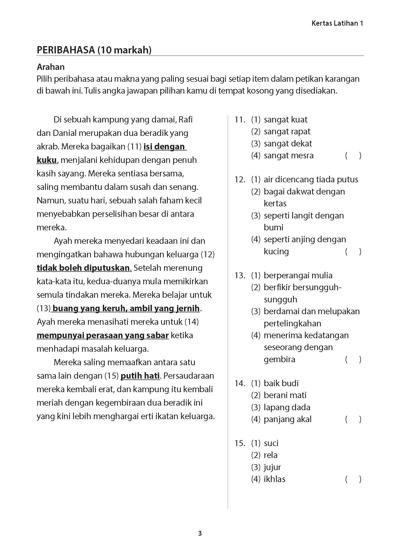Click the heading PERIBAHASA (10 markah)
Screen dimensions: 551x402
point(94,50)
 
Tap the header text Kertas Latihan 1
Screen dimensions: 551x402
point(337,23)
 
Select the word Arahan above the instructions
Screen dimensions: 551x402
point(51,67)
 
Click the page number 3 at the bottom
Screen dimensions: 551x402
point(200,533)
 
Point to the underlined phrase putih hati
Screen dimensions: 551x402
point(140,376)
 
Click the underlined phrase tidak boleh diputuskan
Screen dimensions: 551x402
point(84,268)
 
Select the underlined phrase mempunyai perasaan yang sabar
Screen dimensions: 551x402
point(103,335)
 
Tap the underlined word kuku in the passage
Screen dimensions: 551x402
point(46,160)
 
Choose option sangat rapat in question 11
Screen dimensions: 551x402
point(287,131)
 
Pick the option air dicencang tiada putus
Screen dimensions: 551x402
point(311,179)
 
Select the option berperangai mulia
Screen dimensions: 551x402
point(298,275)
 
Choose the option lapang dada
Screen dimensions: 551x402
point(287,407)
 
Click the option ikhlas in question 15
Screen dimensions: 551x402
point(274,479)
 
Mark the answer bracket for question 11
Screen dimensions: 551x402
point(353,156)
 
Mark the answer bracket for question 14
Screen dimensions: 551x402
point(353,419)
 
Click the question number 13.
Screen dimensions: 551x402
point(240,275)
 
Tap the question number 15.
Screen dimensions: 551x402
point(240,443)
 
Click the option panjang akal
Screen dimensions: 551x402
point(287,419)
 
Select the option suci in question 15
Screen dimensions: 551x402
point(271,443)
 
